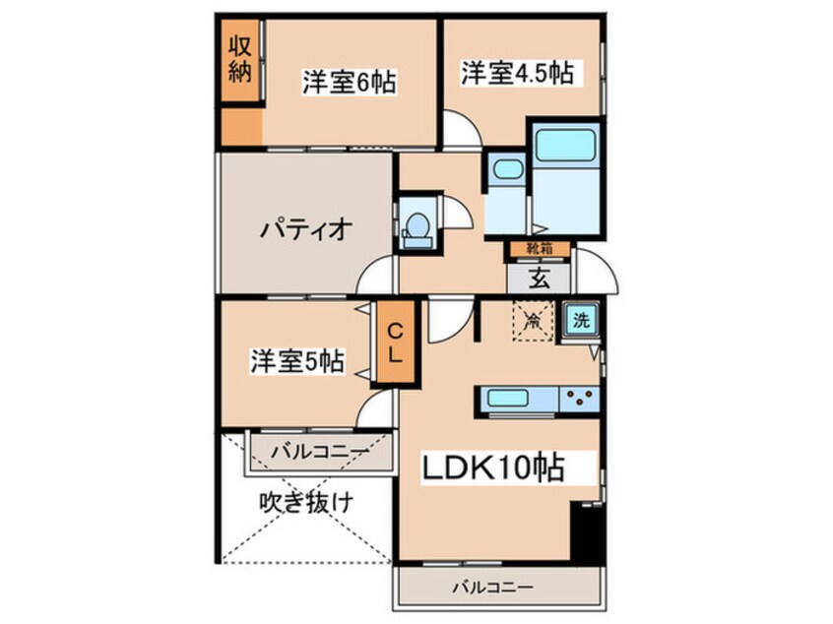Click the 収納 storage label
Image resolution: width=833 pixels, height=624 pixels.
coord(240,58)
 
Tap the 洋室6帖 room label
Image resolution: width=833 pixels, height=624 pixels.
coord(349,83)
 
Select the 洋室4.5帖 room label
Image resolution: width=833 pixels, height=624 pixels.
coord(518,73)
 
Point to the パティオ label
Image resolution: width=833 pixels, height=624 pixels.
coord(306,230)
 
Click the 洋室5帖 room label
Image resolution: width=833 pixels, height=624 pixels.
coord(296,361)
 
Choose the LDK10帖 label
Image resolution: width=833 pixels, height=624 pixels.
coord(494,467)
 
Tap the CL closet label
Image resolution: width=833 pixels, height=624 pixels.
coord(393,344)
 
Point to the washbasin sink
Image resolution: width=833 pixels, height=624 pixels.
coord(507,169)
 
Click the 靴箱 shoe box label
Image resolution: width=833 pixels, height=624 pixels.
coord(539,250)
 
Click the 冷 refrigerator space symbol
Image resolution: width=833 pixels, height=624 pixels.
coord(533,320)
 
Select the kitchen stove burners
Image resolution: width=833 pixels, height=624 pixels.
coord(581,400)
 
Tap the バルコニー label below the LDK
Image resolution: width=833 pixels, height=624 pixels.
coord(492,589)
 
